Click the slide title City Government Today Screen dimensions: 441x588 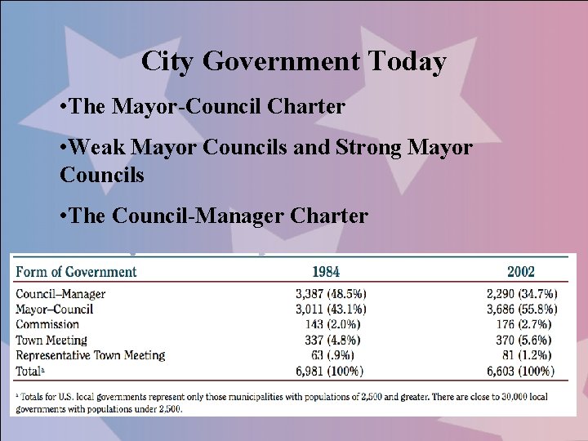click(x=293, y=61)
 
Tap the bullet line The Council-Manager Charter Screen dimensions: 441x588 click(x=214, y=216)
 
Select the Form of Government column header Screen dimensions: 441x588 click(x=75, y=271)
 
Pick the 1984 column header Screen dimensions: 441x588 click(x=326, y=271)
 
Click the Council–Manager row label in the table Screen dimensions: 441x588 click(x=60, y=294)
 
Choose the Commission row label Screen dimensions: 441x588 click(x=47, y=324)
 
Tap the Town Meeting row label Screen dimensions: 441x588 click(x=52, y=340)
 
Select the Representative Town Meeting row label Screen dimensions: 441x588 click(x=91, y=355)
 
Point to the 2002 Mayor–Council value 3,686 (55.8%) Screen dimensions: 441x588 click(x=516, y=309)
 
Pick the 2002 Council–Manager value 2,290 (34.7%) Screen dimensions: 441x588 click(x=516, y=294)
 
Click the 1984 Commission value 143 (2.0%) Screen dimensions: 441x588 click(x=336, y=324)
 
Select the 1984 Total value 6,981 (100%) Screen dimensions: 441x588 click(x=330, y=371)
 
